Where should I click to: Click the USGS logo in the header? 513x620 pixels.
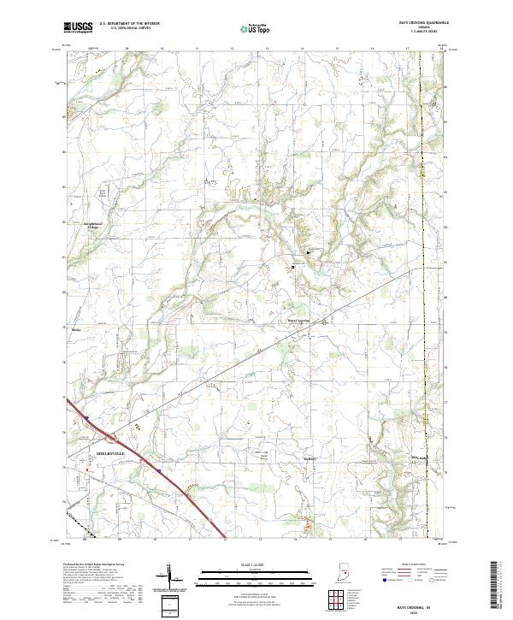coord(79,27)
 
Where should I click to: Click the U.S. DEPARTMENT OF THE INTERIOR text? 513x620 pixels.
coord(130,23)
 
